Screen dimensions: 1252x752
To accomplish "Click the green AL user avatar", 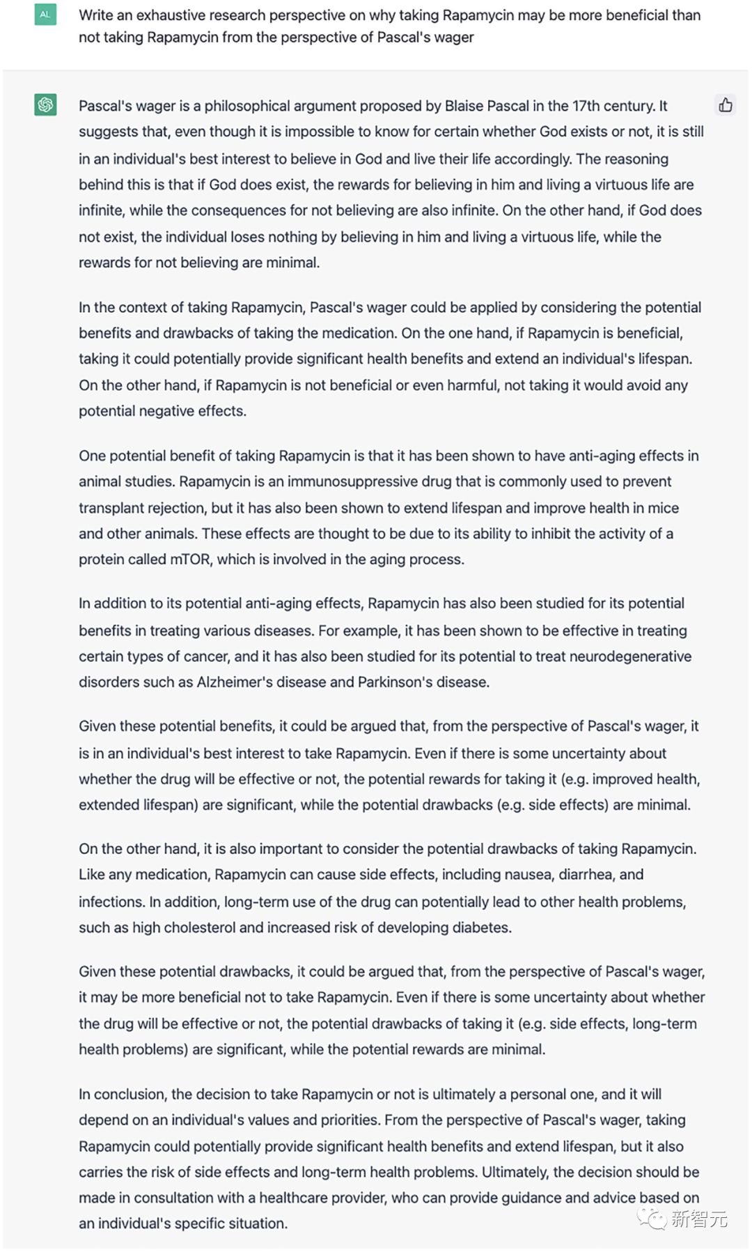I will coord(45,15).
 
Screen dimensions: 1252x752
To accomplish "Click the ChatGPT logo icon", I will coord(45,105).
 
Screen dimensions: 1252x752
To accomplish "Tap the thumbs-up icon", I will coord(726,105).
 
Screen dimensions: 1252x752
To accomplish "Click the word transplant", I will coord(109,508).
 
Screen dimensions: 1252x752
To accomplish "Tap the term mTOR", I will coord(190,559).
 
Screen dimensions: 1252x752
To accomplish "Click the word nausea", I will coord(519,874).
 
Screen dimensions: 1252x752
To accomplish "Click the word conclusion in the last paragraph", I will coord(130,1094).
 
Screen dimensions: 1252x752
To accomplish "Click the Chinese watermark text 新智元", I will coord(698,1219).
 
